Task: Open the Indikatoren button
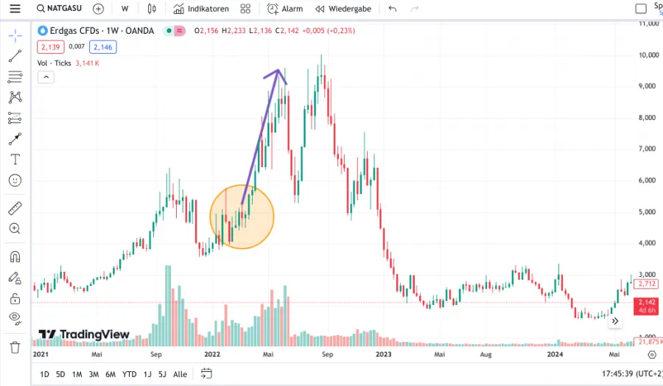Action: tap(201, 9)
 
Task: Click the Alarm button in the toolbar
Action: tap(285, 9)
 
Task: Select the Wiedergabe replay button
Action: tap(343, 9)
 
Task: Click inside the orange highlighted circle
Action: tap(242, 217)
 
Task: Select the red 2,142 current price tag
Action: tap(647, 302)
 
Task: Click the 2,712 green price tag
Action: tap(647, 284)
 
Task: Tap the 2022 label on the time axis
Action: tap(212, 354)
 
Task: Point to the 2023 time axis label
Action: tap(384, 354)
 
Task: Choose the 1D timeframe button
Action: tap(44, 374)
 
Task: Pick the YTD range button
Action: tap(130, 374)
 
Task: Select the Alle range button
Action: tap(180, 374)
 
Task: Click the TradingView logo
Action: tap(84, 334)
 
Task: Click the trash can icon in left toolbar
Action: tap(15, 347)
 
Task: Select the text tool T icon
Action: tap(15, 159)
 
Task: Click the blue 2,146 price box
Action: tap(102, 47)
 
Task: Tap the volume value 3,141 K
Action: tap(87, 63)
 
